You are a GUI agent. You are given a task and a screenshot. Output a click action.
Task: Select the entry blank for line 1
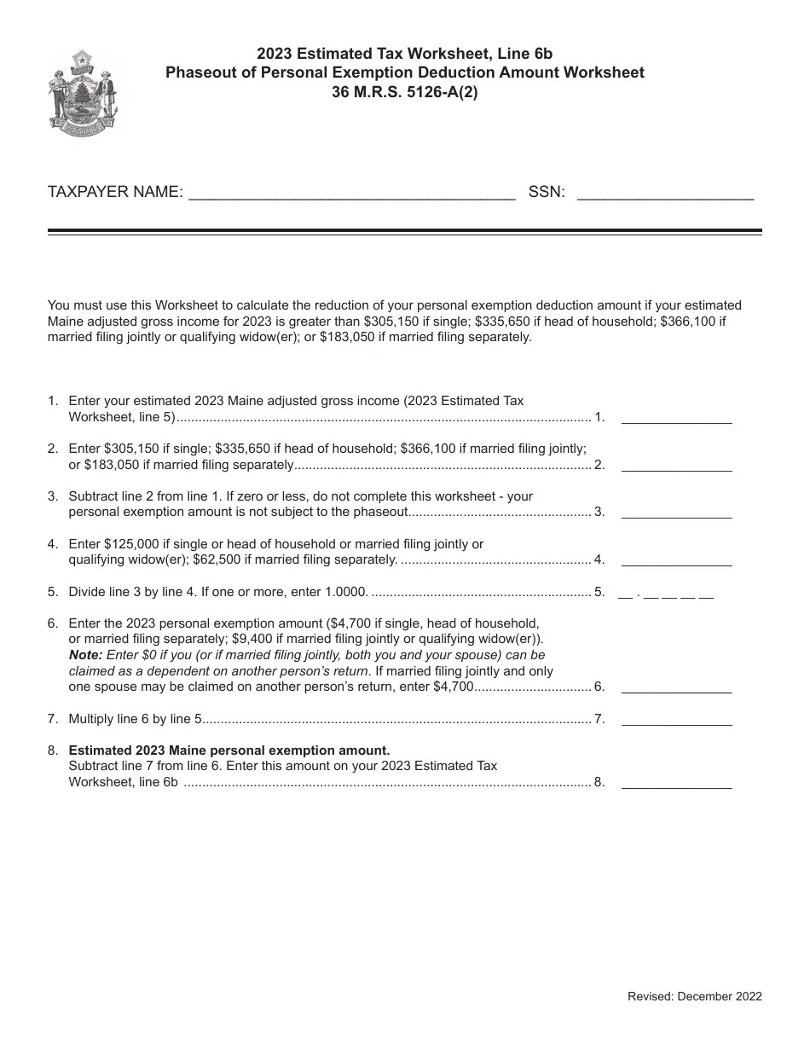coord(676,419)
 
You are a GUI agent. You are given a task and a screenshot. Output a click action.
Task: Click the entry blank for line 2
coord(676,466)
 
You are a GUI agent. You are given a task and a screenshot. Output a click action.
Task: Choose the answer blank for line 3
coord(676,513)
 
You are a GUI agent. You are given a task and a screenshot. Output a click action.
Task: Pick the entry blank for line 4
coord(676,560)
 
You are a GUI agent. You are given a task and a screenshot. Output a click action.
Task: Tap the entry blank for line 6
coord(676,687)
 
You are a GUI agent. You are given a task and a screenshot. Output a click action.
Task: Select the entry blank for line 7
coord(676,720)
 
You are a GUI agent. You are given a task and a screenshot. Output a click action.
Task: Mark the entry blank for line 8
coord(676,782)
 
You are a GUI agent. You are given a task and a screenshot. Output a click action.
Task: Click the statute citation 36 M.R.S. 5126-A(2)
coord(405,92)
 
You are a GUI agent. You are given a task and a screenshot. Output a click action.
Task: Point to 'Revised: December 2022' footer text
coord(694,996)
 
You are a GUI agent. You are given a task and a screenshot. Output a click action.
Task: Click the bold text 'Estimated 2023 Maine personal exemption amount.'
coord(229,751)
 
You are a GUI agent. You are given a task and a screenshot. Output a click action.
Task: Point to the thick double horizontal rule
coord(404,231)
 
